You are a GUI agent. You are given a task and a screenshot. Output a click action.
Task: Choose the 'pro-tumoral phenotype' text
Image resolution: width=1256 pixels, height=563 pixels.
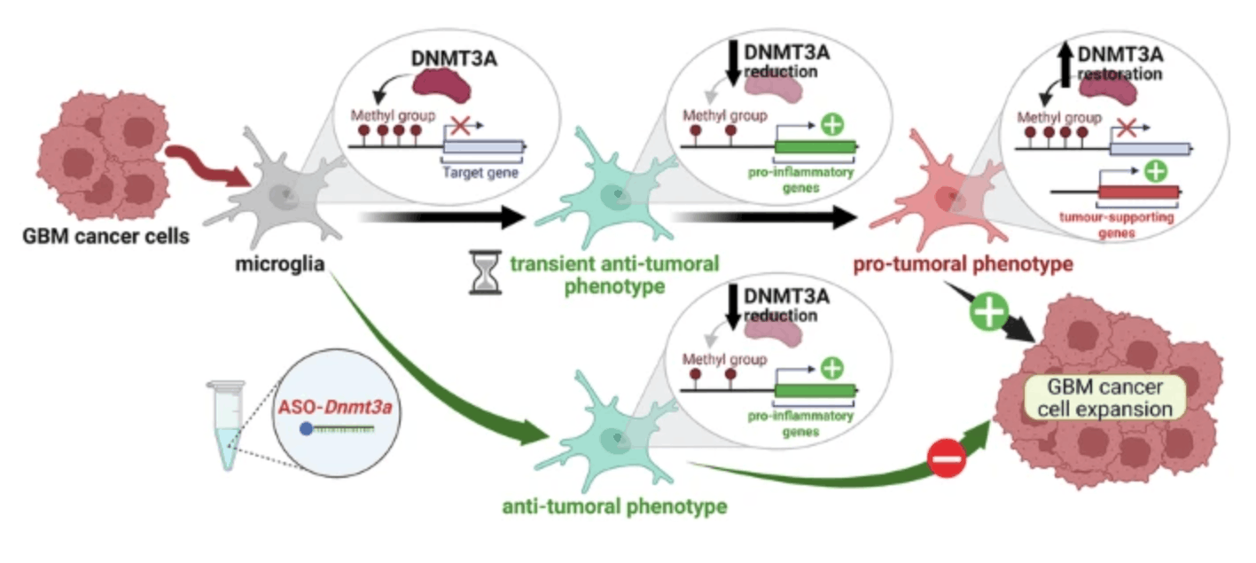point(963,264)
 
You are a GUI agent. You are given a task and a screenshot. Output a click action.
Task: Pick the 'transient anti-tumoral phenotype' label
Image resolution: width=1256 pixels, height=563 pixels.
point(612,274)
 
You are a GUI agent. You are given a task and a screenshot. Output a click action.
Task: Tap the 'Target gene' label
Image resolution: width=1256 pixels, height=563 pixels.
point(480,174)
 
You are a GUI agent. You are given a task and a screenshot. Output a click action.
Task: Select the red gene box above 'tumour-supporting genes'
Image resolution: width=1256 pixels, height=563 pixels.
point(1139,191)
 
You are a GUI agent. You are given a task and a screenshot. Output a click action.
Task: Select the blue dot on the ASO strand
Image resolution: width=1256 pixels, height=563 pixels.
point(306,428)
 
